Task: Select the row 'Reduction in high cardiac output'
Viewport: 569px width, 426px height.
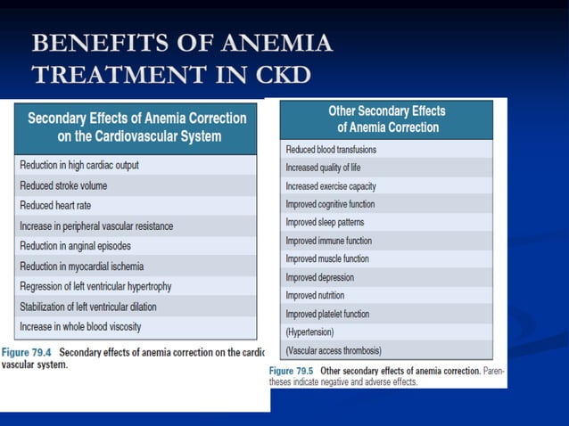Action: [x=78, y=166]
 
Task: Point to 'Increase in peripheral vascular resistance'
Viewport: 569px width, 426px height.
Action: [x=96, y=226]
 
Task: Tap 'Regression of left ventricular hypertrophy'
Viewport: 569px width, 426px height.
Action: [x=95, y=286]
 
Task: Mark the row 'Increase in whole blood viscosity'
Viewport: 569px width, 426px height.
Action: [x=80, y=327]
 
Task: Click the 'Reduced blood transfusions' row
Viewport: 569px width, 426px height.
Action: [x=331, y=150]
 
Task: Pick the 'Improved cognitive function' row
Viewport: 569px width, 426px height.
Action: [x=330, y=204]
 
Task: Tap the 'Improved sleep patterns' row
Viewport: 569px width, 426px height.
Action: [x=325, y=222]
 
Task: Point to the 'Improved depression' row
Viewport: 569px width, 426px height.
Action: [x=319, y=277]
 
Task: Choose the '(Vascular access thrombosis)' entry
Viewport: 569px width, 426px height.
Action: [x=333, y=350]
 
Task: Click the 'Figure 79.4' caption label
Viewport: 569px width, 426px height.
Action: [x=27, y=352]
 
